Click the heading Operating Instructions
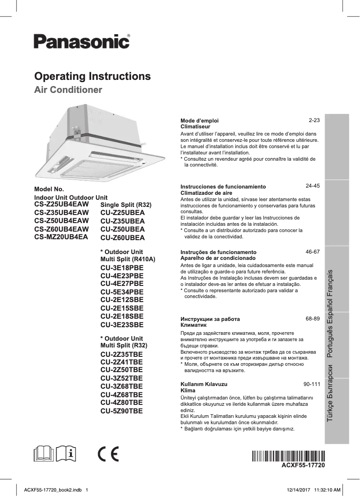[x=92, y=76]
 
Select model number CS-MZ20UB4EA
[x=61, y=237]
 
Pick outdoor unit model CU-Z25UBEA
[x=123, y=213]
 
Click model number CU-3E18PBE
[x=122, y=268]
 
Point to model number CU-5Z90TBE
[x=122, y=410]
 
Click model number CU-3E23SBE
[x=122, y=325]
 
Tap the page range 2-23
[x=314, y=121]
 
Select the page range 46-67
[x=312, y=252]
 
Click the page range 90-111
[x=312, y=385]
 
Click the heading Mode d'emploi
[x=199, y=121]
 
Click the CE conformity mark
[x=108, y=455]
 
